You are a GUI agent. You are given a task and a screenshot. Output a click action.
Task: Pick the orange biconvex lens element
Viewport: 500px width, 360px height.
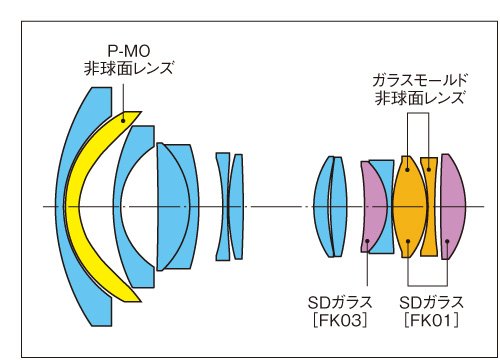click(x=410, y=207)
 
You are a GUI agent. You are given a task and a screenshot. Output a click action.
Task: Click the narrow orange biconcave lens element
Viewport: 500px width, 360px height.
click(x=429, y=207)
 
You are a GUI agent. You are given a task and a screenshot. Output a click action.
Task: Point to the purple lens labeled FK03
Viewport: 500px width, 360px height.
click(x=372, y=207)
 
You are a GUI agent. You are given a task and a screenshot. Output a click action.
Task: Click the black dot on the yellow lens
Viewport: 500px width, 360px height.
click(x=123, y=121)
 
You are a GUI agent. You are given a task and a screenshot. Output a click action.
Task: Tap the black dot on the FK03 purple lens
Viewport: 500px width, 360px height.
click(x=367, y=241)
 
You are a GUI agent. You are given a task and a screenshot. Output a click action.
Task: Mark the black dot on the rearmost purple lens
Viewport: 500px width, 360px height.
click(x=447, y=241)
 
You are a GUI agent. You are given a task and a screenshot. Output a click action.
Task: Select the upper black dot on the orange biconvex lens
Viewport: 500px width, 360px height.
click(x=407, y=170)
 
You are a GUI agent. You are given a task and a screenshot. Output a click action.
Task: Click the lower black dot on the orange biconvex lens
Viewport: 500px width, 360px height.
click(x=408, y=241)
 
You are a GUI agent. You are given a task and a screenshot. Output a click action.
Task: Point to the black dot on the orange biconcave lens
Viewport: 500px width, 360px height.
click(x=429, y=170)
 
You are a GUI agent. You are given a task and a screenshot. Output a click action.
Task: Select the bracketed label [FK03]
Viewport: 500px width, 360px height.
click(x=340, y=320)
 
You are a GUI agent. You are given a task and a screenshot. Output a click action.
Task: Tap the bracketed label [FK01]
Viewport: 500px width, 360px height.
click(x=431, y=320)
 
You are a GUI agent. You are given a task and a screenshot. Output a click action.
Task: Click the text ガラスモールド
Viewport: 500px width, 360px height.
click(x=420, y=81)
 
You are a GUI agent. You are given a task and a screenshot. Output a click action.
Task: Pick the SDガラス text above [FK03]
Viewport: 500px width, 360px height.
click(x=340, y=303)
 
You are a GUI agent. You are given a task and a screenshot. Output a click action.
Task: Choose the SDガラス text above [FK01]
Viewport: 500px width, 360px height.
click(x=431, y=303)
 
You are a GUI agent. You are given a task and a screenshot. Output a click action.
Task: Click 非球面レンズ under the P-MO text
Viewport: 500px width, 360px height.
click(x=129, y=69)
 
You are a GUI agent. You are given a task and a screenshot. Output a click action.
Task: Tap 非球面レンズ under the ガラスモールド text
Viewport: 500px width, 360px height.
click(x=420, y=98)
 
